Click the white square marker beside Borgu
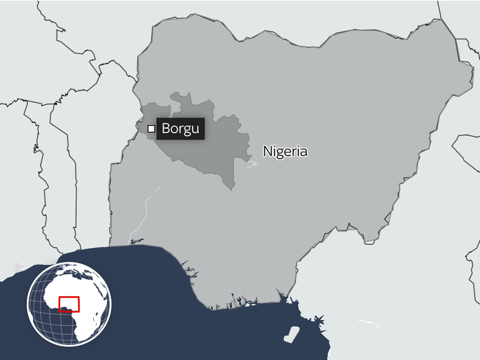coord(151,129)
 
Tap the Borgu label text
coord(180,129)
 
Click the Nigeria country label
coord(285,151)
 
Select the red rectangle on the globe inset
coord(69,304)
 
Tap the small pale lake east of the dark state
coord(251,166)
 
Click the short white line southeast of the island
coord(369,323)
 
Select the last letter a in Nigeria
coord(304,152)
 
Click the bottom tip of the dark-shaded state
coord(233,189)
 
